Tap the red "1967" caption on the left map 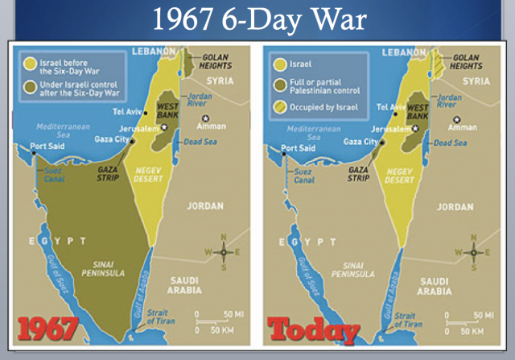pyautogui.click(x=48, y=329)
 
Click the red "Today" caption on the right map pyautogui.click(x=313, y=329)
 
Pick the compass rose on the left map pyautogui.click(x=224, y=251)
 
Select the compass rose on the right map pyautogui.click(x=473, y=251)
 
